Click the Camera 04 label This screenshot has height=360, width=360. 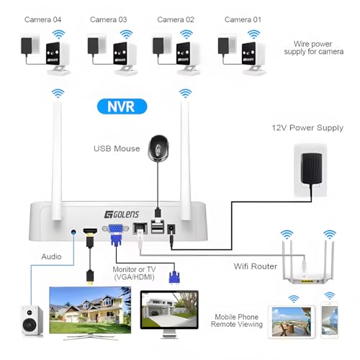click(x=42, y=19)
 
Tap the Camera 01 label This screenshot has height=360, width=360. click(x=243, y=19)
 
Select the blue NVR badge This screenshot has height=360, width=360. click(x=122, y=107)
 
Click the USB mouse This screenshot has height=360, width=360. click(x=158, y=148)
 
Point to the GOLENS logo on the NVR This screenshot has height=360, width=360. click(x=122, y=215)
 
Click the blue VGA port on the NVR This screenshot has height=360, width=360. click(x=116, y=228)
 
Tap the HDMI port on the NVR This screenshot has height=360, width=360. click(x=90, y=230)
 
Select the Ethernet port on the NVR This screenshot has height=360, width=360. click(x=140, y=228)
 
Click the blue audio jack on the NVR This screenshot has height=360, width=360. click(x=73, y=232)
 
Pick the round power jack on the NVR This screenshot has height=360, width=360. click(x=171, y=229)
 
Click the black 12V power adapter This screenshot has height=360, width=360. click(x=312, y=168)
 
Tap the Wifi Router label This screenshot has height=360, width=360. click(x=256, y=266)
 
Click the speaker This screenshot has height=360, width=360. click(x=32, y=320)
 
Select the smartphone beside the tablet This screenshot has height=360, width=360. click(x=330, y=320)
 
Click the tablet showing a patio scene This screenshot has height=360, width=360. click(x=292, y=322)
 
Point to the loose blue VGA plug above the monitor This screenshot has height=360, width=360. click(x=174, y=277)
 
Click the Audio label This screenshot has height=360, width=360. click(x=51, y=256)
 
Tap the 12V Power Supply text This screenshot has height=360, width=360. click(x=307, y=127)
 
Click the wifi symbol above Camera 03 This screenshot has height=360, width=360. click(x=126, y=35)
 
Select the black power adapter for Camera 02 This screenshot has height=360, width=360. click(x=158, y=45)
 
